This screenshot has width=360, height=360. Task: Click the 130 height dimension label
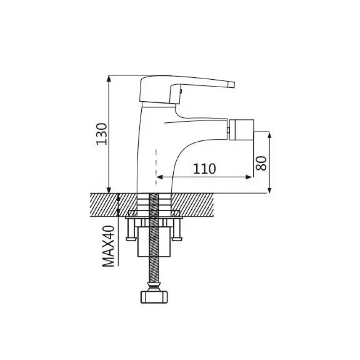tap(102, 134)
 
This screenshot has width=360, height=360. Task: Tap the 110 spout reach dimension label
tap(204, 169)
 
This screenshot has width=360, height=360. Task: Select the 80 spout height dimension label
tap(261, 163)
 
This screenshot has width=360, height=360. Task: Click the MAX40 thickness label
tap(108, 246)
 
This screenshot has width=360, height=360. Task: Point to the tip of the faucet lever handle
tap(234, 85)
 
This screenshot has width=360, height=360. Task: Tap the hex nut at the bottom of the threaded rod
tap(154, 297)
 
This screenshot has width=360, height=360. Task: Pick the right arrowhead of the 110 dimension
tap(249, 177)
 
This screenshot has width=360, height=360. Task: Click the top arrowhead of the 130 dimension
tap(109, 79)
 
